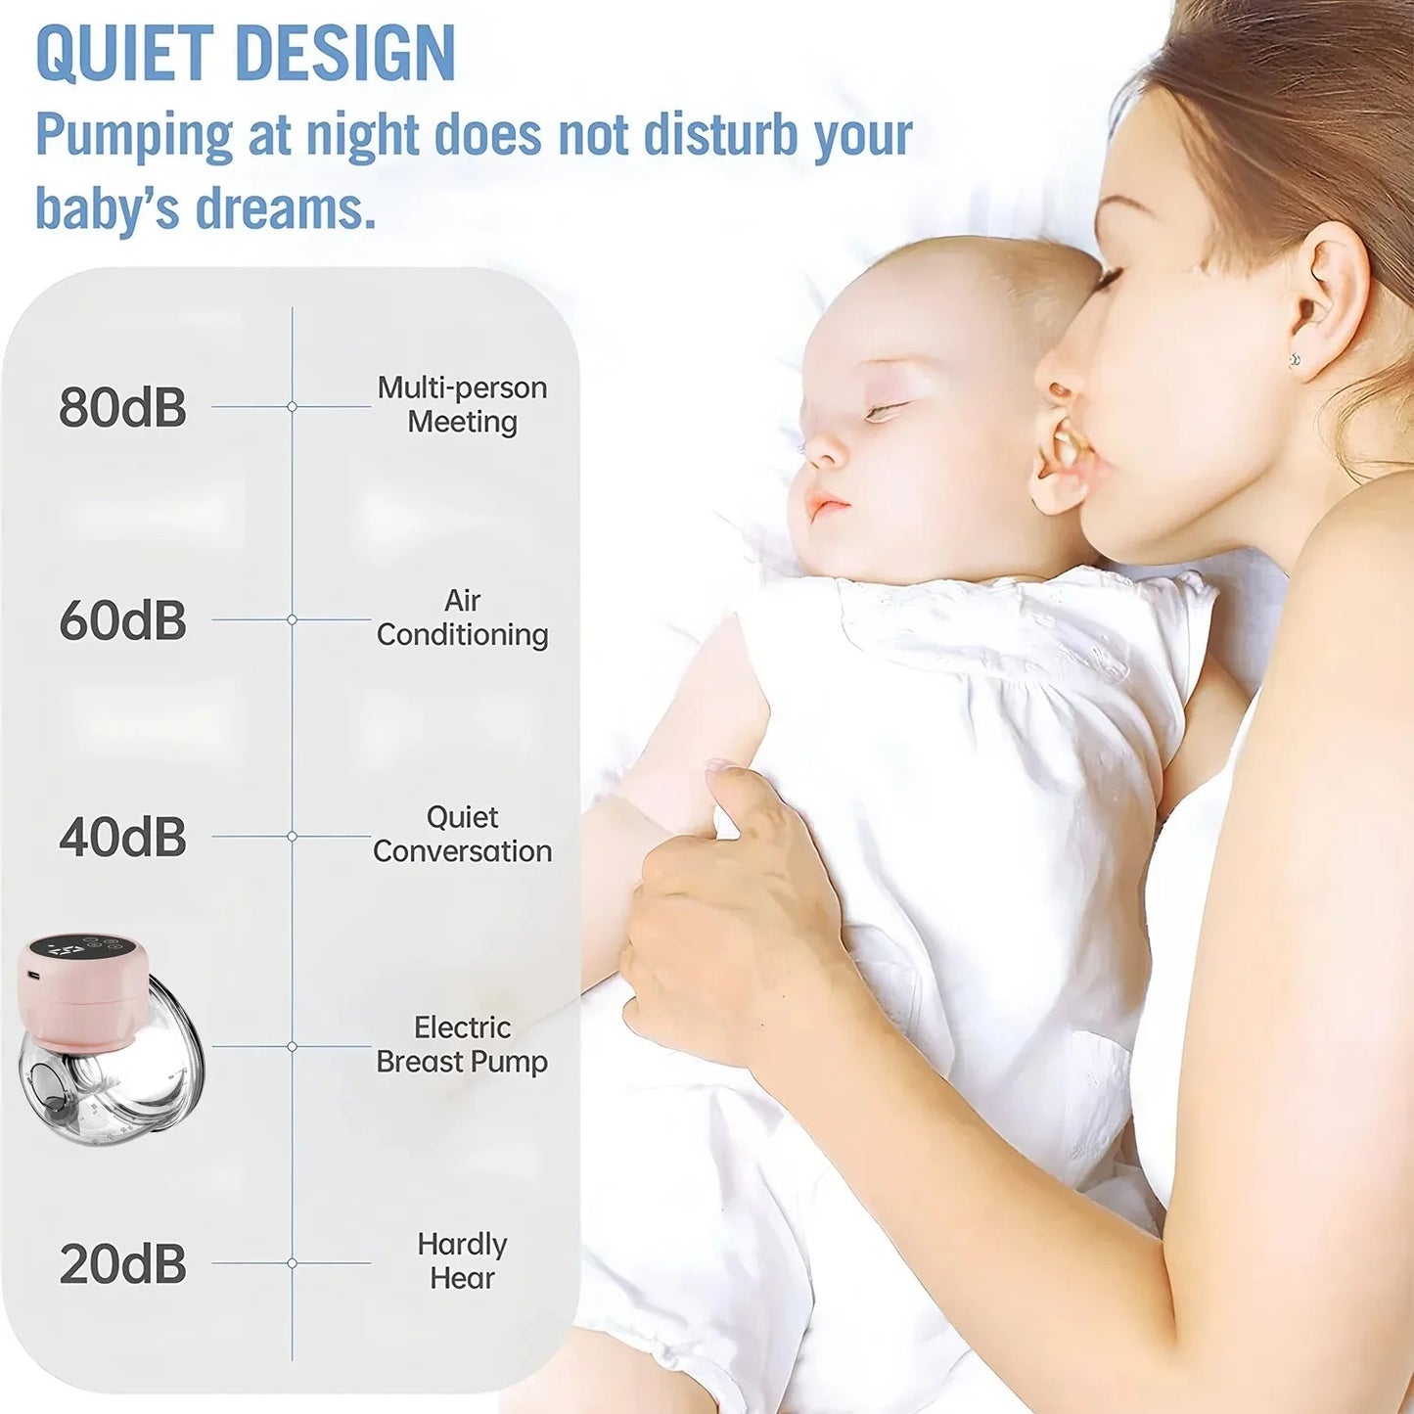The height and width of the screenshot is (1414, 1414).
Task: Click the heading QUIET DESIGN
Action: (246, 53)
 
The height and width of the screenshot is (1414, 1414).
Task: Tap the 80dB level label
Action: (122, 407)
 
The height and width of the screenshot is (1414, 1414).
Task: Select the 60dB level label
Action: (122, 620)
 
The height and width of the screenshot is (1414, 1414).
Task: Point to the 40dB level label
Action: (122, 838)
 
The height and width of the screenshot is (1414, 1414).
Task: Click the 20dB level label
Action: (122, 1264)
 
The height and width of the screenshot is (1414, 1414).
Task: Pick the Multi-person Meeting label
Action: (462, 405)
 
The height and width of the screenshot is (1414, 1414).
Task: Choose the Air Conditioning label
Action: (462, 617)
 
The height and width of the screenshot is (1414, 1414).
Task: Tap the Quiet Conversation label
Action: (462, 835)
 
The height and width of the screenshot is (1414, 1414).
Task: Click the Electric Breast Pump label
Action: (462, 1045)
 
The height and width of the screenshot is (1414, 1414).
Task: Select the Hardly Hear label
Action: (462, 1261)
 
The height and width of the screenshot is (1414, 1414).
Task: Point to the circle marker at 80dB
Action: (292, 406)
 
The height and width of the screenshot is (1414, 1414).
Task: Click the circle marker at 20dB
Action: (292, 1263)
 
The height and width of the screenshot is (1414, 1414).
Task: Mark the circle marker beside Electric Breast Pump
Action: (292, 1046)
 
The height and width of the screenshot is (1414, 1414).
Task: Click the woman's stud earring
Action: (1297, 361)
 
